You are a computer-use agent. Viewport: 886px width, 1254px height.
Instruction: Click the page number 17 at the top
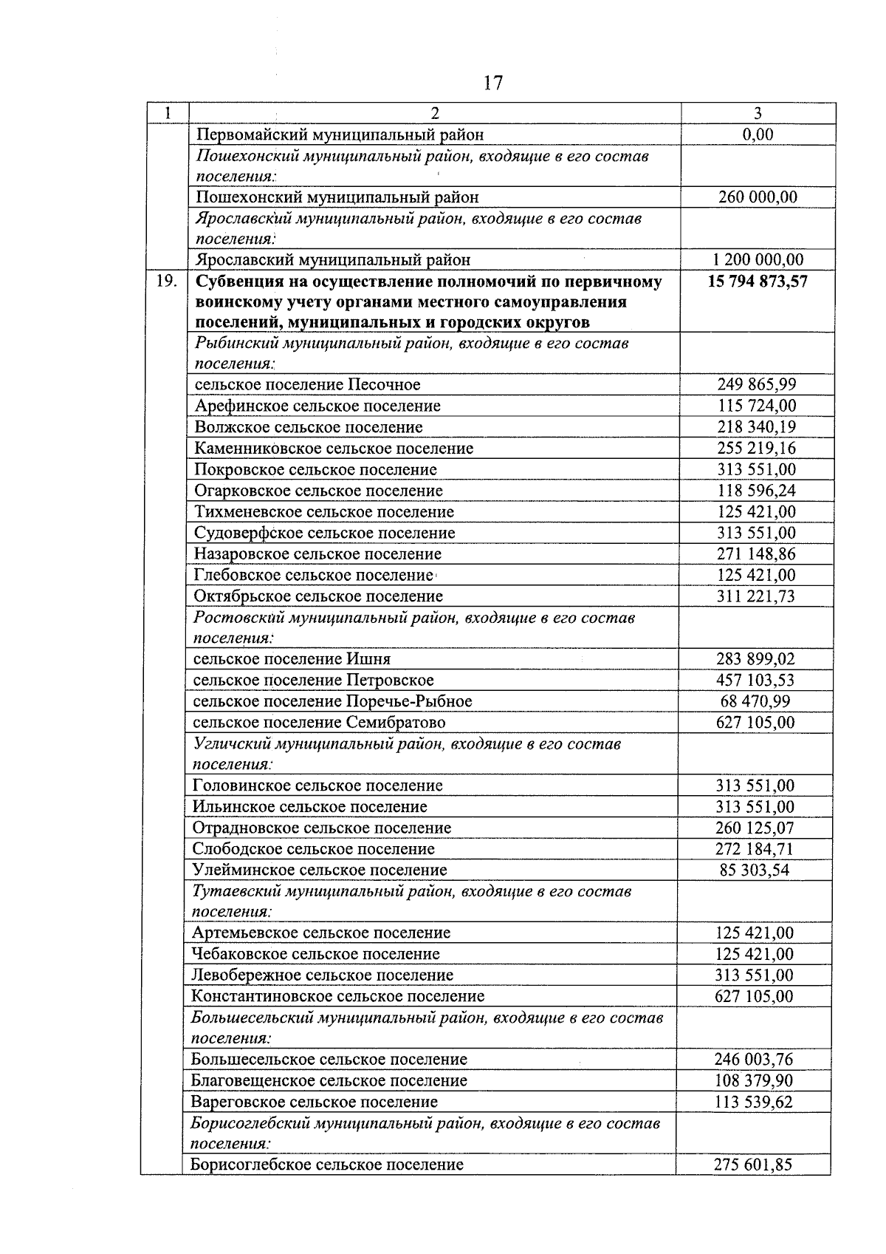pos(493,83)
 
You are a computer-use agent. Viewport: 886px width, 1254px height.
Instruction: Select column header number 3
pos(758,113)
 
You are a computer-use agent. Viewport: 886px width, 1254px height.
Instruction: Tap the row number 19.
pos(167,282)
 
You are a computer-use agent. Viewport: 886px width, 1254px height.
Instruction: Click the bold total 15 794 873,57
pos(758,282)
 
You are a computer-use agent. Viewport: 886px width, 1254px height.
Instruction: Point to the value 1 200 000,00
pos(758,259)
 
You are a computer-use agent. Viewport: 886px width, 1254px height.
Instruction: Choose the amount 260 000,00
pos(758,197)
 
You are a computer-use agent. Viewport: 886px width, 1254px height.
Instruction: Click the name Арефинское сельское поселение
pos(317,406)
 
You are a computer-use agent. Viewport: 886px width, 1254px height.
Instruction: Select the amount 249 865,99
pos(757,384)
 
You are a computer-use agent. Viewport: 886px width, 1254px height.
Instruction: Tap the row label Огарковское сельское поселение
pos(318,491)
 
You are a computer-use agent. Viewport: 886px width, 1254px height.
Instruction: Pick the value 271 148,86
pos(756,554)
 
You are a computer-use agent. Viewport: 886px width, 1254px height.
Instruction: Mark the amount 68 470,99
pos(755,701)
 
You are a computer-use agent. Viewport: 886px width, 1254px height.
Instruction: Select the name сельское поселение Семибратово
pos(319,722)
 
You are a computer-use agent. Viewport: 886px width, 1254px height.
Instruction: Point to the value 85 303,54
pos(755,870)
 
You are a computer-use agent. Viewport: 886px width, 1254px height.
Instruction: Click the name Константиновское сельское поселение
pos(338,996)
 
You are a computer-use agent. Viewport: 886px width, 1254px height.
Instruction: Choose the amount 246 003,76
pos(754,1059)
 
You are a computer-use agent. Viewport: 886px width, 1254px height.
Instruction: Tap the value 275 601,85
pos(753,1165)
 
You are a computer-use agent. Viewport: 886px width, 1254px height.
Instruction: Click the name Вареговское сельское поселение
pos(314,1102)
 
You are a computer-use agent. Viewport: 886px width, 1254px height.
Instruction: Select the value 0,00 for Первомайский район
pos(758,134)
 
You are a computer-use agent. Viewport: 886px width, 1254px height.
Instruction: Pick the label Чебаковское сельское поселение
pos(315,954)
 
